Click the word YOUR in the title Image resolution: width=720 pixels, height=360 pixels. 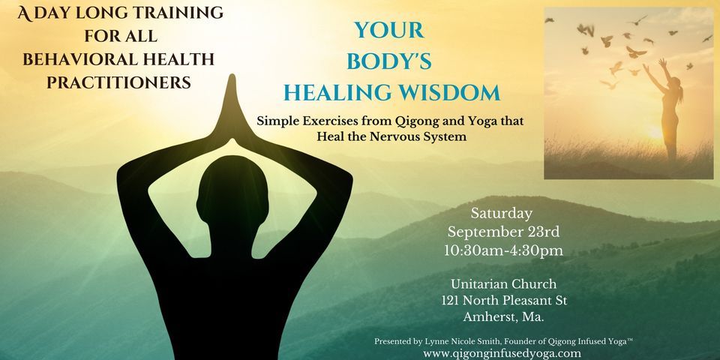[x=389, y=31]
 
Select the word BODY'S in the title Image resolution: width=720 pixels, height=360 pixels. [x=390, y=62]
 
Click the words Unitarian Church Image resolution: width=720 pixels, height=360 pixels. [x=502, y=283]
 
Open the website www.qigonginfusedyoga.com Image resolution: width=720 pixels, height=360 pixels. [x=502, y=352]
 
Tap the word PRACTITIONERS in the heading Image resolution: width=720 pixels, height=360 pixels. [x=118, y=83]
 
